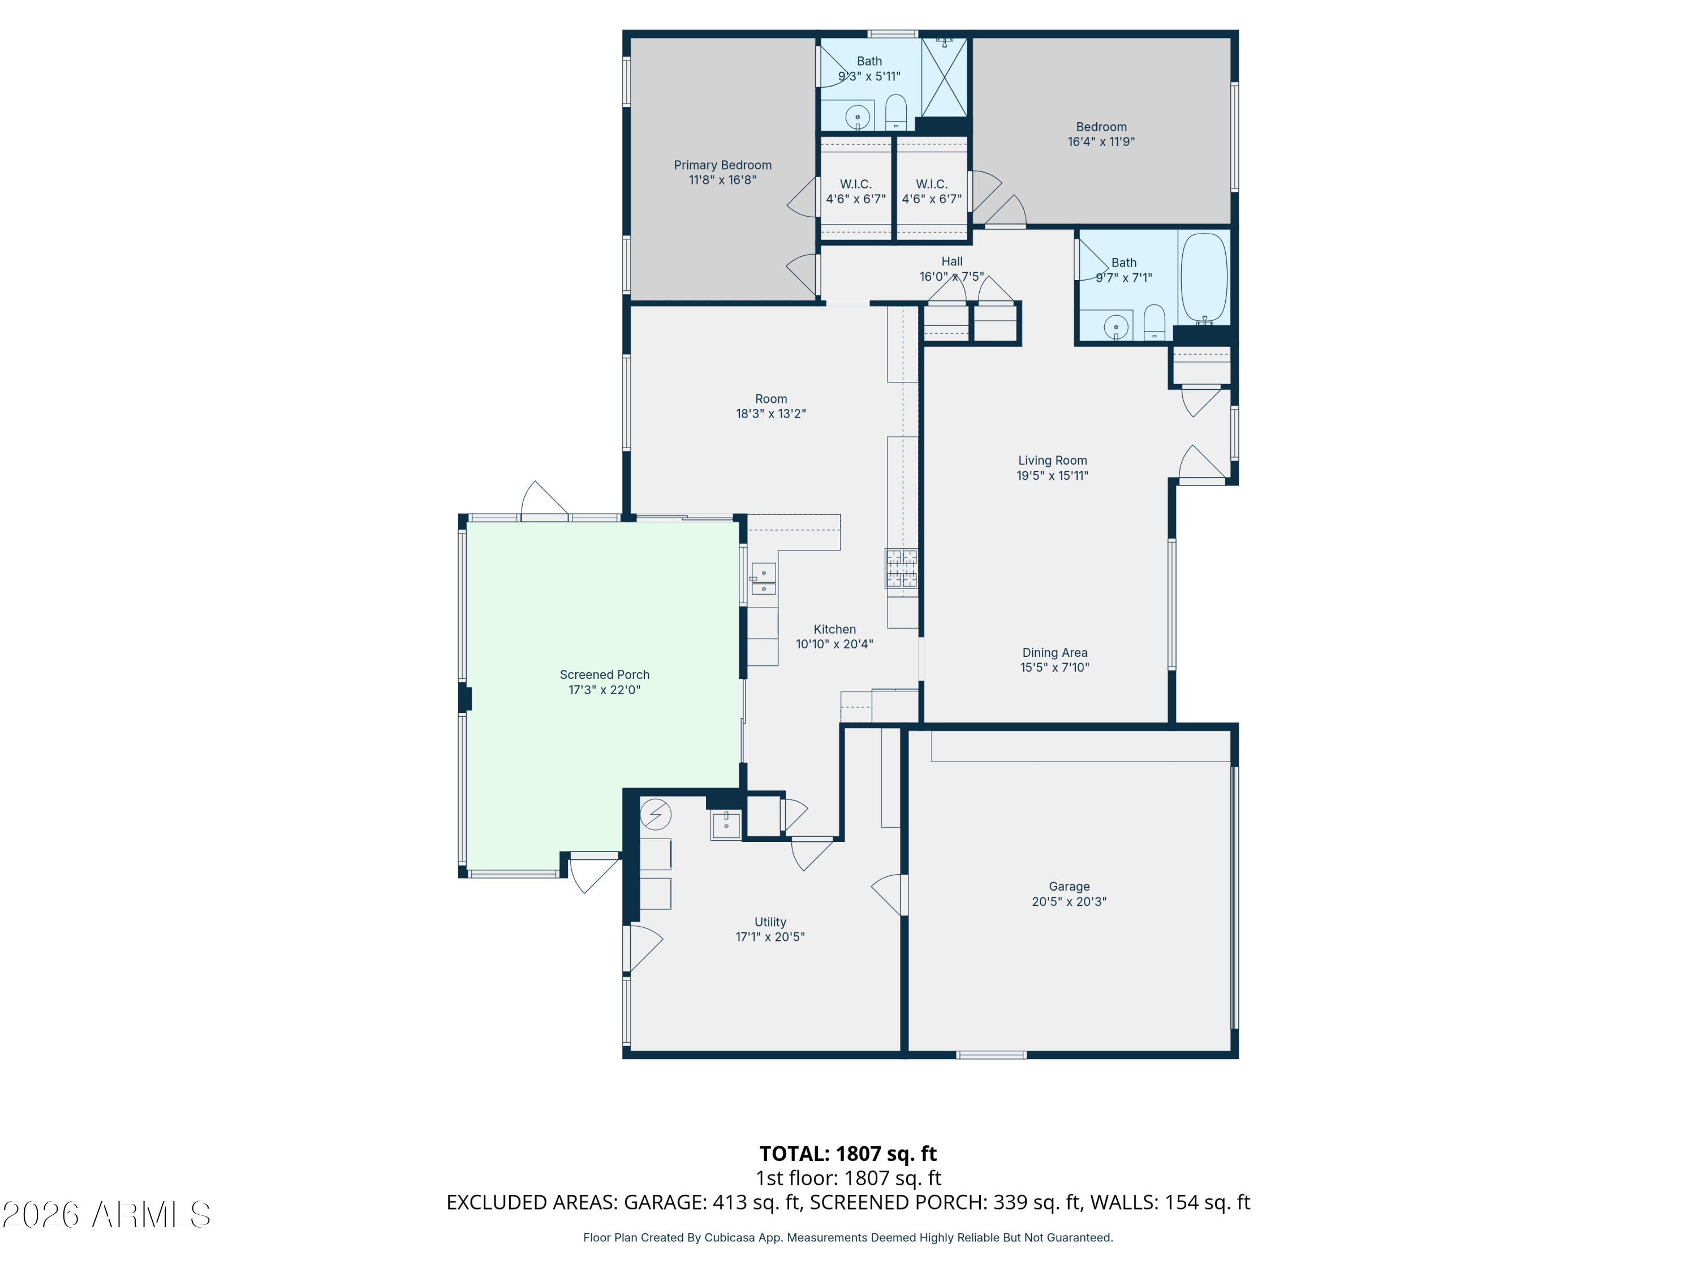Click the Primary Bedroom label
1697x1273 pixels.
coord(722,165)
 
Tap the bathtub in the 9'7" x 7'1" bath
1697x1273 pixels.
coord(1203,278)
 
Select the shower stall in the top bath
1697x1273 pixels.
coord(944,77)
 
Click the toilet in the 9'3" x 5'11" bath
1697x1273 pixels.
coord(896,112)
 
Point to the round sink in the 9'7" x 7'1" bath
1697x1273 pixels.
coord(1115,328)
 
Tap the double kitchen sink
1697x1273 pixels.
coord(763,580)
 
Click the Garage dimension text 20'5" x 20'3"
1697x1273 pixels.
coord(1069,902)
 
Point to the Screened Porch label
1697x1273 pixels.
coord(605,674)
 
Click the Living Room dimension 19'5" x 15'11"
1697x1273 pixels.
coord(1052,476)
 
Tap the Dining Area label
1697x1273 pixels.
coord(1054,653)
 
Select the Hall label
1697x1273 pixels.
coord(951,261)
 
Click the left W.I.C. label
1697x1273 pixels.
coord(855,184)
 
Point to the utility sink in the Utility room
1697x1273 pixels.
coord(725,825)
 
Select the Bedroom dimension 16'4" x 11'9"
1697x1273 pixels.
coord(1101,142)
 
